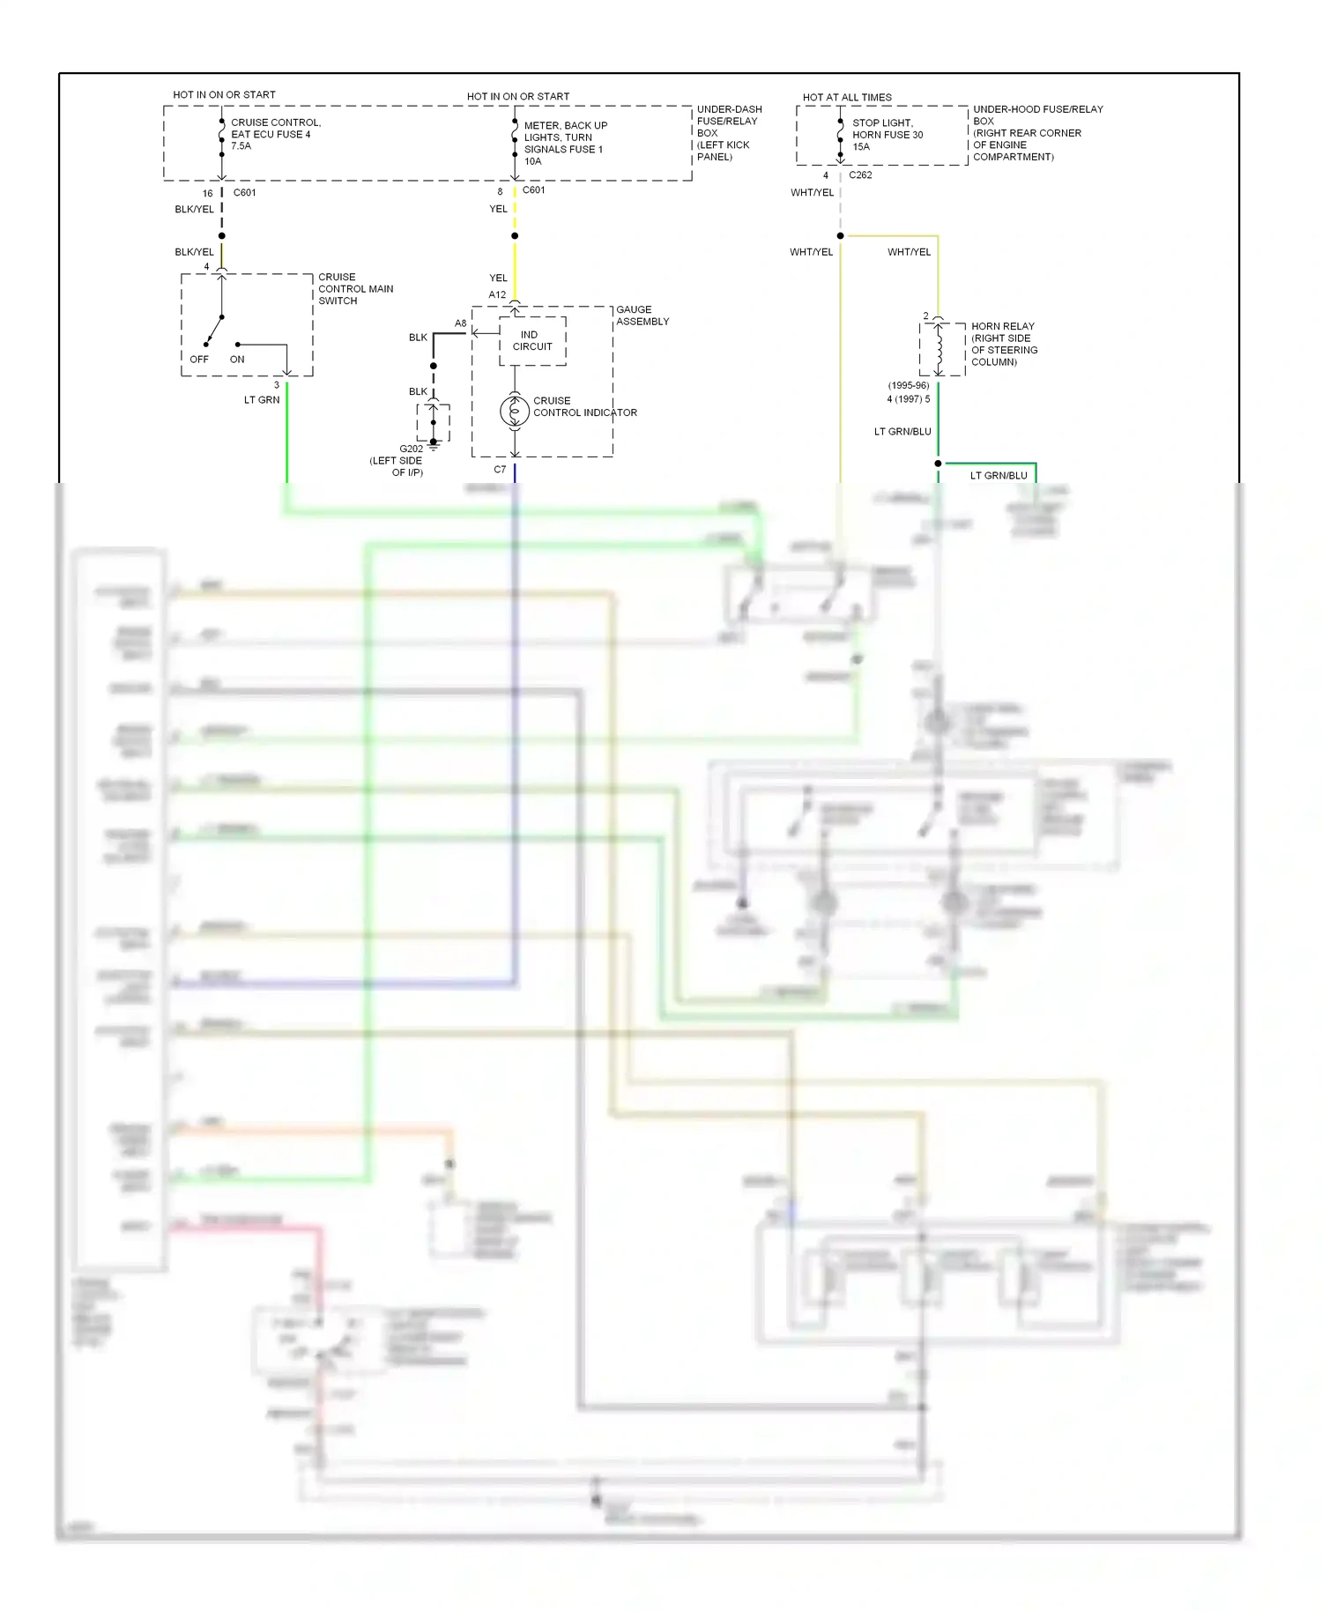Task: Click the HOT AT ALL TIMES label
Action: (846, 97)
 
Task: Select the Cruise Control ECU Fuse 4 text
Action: (275, 134)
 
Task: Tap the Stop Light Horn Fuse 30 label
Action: (887, 135)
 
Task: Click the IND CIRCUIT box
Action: (532, 340)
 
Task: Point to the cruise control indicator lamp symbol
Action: (515, 411)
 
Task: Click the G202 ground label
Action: (411, 449)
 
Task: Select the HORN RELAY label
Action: (1002, 326)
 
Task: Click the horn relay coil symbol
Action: (939, 349)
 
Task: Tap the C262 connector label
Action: (860, 174)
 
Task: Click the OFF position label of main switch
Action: (199, 359)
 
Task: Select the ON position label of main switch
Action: (237, 359)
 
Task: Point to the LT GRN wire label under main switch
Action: (262, 399)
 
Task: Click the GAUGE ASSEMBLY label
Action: (642, 316)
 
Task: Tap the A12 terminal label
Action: (497, 294)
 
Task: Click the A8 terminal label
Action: (460, 323)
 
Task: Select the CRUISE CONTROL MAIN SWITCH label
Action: (355, 288)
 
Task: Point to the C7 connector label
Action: (500, 469)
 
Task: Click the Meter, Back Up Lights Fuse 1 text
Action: (564, 143)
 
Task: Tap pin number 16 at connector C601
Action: (207, 193)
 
